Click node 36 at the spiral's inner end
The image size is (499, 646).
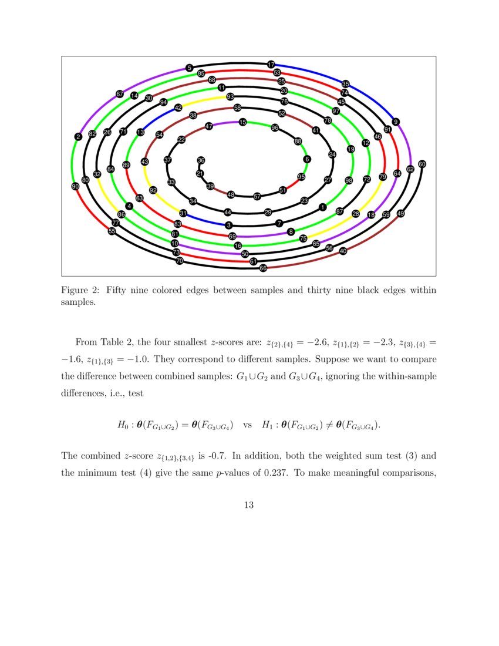point(201,160)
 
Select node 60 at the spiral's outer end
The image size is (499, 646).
point(422,164)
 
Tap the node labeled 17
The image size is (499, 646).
point(271,64)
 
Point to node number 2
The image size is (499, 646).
point(78,137)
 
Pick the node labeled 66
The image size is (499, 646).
point(263,268)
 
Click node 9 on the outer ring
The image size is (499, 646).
point(396,122)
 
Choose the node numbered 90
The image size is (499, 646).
point(75,186)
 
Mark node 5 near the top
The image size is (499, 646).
point(189,68)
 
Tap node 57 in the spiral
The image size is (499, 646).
point(257,196)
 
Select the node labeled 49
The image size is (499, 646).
point(401,214)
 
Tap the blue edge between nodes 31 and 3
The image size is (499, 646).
point(205,220)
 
